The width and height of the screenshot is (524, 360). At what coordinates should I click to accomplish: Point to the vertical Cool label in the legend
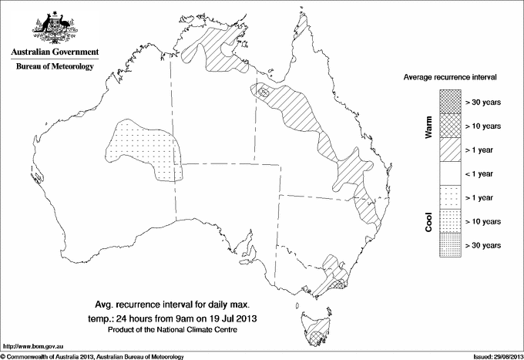coord(428,222)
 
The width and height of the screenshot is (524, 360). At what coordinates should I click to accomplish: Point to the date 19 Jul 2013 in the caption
coord(248,317)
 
